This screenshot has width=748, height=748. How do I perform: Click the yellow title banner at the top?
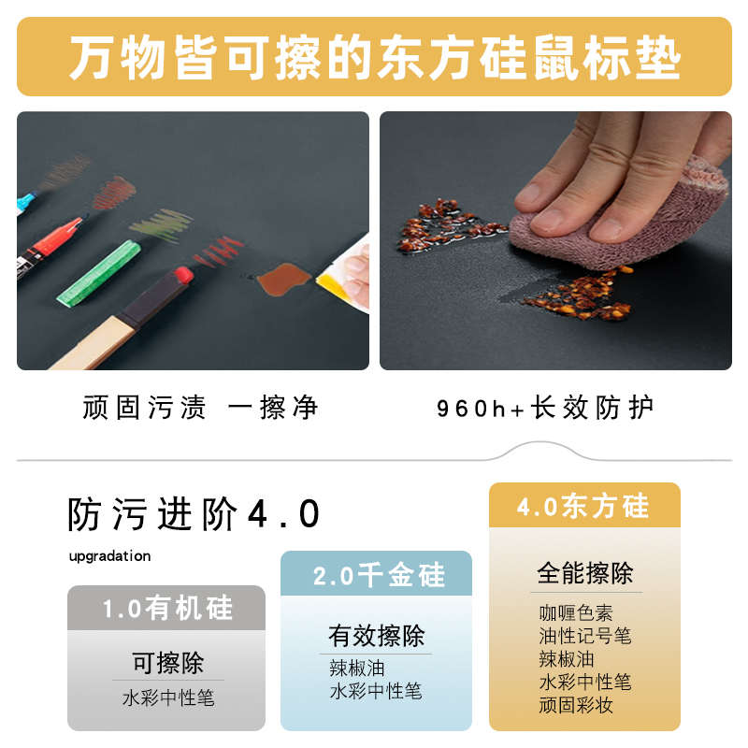374,56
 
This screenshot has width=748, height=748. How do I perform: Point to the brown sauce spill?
280,277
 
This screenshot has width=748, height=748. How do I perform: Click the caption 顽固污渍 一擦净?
200,408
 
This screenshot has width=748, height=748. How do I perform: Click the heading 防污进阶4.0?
194,515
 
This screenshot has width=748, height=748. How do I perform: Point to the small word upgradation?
109,556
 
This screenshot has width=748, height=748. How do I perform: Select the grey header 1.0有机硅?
166,609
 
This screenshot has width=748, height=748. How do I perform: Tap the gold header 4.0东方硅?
583,506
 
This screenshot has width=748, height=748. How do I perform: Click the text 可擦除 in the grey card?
167,663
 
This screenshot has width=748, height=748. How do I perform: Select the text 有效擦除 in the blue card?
377,636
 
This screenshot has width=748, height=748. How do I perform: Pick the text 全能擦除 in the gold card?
585,573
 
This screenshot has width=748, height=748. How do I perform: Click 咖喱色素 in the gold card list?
576,613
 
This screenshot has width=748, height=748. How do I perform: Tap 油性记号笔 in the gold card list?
585,636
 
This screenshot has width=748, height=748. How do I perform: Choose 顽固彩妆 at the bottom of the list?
576,705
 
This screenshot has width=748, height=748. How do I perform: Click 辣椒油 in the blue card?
357,668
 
